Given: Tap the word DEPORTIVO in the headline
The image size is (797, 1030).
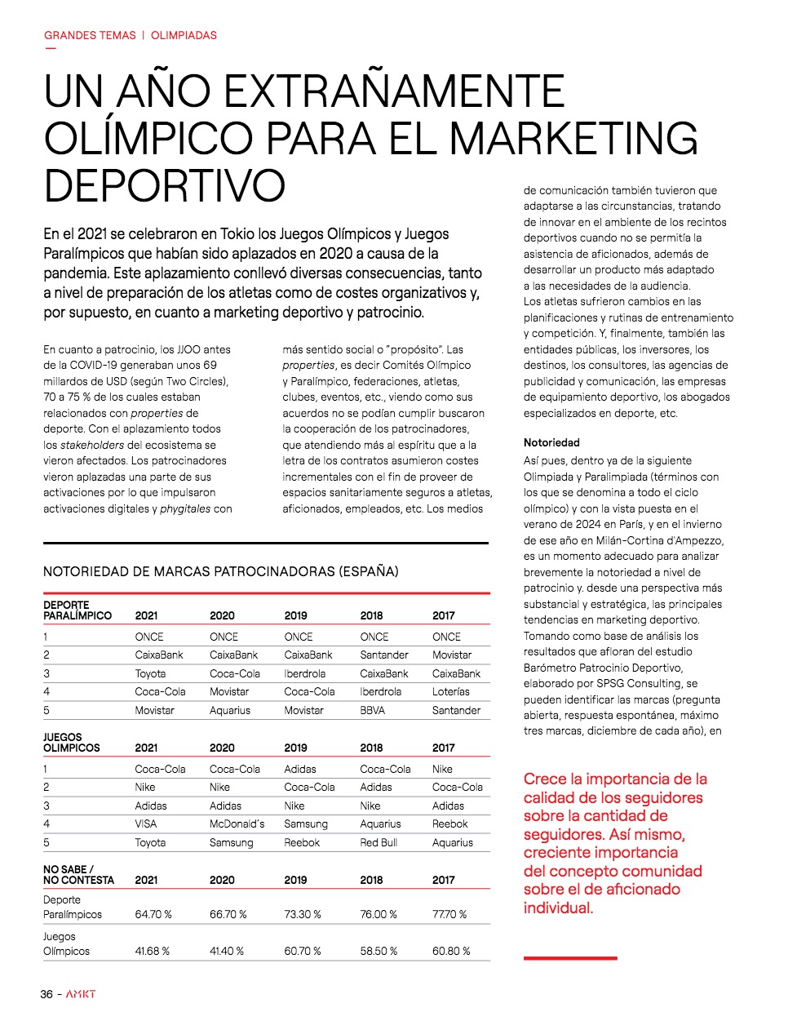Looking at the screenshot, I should (x=164, y=185).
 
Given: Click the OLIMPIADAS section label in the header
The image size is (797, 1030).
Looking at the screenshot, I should (x=184, y=35).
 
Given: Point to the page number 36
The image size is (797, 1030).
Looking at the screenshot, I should (x=46, y=994).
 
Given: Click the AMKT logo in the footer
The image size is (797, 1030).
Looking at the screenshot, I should (x=81, y=994).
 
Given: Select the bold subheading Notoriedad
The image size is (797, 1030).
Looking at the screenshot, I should (x=551, y=442).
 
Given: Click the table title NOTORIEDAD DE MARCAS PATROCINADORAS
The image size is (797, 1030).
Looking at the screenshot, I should (x=220, y=571).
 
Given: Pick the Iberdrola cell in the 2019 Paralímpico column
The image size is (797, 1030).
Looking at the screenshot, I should (x=304, y=673).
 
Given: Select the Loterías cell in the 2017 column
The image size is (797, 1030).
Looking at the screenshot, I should (x=450, y=691).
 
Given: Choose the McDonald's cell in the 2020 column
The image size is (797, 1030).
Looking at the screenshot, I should (x=237, y=824).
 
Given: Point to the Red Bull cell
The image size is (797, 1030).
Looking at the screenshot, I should (x=379, y=842).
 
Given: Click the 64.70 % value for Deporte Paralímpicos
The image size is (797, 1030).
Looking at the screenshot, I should (x=153, y=914).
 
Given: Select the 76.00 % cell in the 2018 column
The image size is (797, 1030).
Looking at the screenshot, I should (x=379, y=914).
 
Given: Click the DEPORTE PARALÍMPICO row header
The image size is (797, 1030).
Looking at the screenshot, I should (x=77, y=610).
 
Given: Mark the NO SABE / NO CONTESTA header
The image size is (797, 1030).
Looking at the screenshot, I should (x=78, y=874).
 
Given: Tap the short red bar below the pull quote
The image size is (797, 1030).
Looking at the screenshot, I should (x=570, y=957).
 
